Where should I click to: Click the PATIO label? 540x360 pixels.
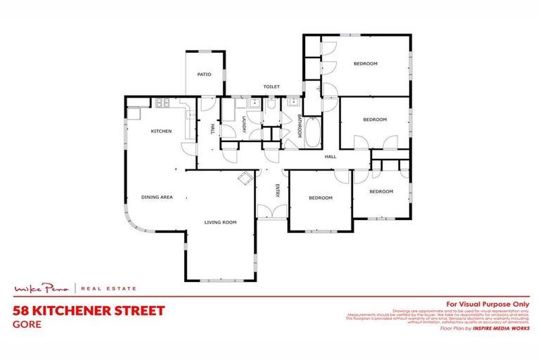click(204, 74)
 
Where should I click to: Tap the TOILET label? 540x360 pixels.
click(271, 86)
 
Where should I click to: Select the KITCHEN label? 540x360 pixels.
click(162, 131)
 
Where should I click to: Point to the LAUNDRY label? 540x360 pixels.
click(243, 124)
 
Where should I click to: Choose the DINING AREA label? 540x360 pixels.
click(157, 197)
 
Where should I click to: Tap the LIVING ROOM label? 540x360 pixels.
click(220, 222)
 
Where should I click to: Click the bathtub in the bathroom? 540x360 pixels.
click(313, 131)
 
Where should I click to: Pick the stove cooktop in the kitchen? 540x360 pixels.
click(162, 103)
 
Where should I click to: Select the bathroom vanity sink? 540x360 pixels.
click(292, 103)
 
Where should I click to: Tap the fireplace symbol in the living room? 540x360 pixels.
click(245, 178)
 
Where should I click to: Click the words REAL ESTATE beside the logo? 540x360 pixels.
click(110, 288)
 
